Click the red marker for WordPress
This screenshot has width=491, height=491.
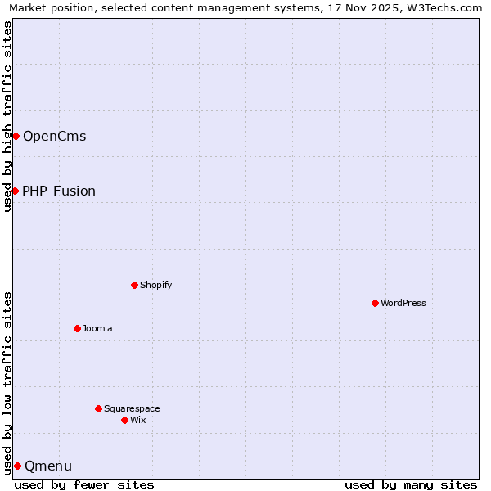(375, 303)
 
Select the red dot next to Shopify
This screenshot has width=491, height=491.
(134, 285)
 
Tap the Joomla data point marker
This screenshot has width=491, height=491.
(77, 328)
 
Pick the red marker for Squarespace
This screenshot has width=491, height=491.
(98, 408)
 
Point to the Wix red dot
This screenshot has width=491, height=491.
(124, 420)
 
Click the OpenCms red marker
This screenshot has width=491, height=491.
(16, 136)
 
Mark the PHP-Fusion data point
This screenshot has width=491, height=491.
(15, 191)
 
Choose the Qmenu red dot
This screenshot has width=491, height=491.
(17, 466)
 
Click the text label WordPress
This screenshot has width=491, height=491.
(403, 303)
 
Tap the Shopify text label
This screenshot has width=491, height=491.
(155, 285)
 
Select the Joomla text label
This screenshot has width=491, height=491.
(97, 328)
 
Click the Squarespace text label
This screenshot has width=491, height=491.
(132, 408)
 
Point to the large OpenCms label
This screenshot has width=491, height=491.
(54, 136)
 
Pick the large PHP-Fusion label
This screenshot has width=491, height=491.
(59, 191)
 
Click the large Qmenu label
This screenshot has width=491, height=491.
(48, 466)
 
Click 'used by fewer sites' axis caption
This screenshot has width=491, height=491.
(84, 484)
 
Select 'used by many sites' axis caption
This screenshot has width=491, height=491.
(411, 484)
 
